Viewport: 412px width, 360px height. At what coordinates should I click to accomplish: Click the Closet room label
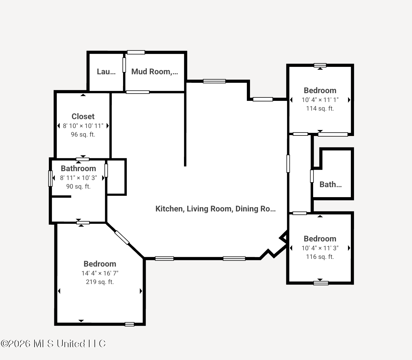pyautogui.click(x=83, y=116)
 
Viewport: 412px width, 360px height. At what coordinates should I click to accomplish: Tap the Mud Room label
pyautogui.click(x=155, y=72)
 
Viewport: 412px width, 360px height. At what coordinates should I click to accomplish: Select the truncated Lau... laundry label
pyautogui.click(x=106, y=72)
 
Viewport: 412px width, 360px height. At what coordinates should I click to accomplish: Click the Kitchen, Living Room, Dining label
pyautogui.click(x=215, y=209)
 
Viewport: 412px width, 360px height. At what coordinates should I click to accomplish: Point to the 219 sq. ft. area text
pyautogui.click(x=100, y=282)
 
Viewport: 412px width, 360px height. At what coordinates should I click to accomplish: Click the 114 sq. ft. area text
pyautogui.click(x=320, y=109)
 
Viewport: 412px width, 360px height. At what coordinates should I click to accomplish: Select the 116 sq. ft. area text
pyautogui.click(x=320, y=257)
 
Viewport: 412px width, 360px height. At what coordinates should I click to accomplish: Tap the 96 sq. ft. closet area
pyautogui.click(x=83, y=134)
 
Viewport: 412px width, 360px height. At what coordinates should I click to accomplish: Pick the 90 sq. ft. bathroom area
pyautogui.click(x=78, y=187)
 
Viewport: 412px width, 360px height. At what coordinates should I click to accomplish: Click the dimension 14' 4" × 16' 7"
pyautogui.click(x=100, y=273)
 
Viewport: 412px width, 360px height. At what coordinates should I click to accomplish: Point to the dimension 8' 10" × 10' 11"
pyautogui.click(x=83, y=126)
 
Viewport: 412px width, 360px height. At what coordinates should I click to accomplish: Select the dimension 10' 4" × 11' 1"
pyautogui.click(x=320, y=100)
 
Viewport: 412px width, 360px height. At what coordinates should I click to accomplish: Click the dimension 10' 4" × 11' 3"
pyautogui.click(x=320, y=248)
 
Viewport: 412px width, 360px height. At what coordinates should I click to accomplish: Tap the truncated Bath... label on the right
pyautogui.click(x=331, y=185)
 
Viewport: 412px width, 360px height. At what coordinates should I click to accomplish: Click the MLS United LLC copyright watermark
pyautogui.click(x=53, y=343)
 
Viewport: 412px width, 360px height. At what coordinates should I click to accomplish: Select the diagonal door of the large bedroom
pyautogui.click(x=122, y=238)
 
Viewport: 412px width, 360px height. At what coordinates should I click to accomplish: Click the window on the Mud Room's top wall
pyautogui.click(x=136, y=52)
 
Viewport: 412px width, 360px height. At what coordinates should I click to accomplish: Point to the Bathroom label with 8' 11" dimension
pyautogui.click(x=78, y=169)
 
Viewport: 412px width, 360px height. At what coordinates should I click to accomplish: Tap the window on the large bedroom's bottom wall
pyautogui.click(x=129, y=324)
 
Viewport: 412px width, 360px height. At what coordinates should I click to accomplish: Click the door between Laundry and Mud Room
pyautogui.click(x=124, y=65)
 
